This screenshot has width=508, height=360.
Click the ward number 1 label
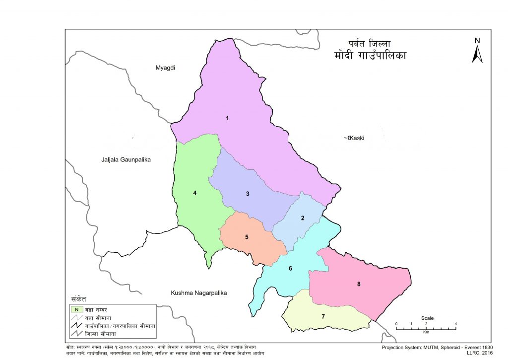(227, 118)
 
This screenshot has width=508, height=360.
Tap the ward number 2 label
(302, 218)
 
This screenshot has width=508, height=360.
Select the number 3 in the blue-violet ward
(247, 194)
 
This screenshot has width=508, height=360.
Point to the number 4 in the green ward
(195, 193)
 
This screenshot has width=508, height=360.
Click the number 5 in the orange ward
(247, 237)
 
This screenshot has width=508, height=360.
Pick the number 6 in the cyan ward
(291, 269)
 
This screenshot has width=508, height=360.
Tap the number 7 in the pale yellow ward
(323, 316)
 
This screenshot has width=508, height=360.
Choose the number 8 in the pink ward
(358, 284)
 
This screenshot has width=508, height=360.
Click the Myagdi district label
(166, 68)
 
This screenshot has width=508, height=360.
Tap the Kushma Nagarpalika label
(198, 293)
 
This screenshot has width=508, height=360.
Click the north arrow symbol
(477, 54)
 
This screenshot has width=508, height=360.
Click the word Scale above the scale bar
(427, 318)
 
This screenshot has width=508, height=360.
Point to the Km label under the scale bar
(426, 331)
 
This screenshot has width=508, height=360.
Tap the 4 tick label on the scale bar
(456, 324)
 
